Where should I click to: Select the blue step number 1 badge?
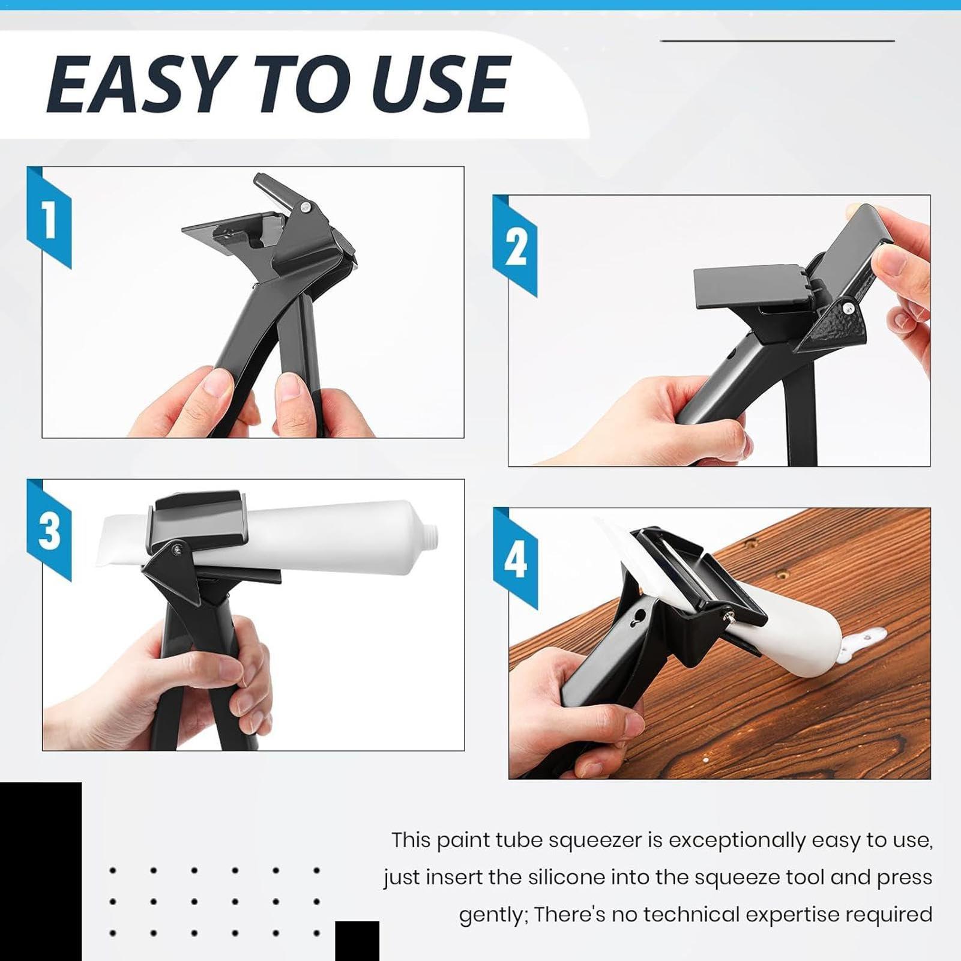(49, 218)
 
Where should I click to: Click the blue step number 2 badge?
(515, 246)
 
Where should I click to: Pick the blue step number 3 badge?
(49, 531)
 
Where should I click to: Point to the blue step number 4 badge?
(515, 559)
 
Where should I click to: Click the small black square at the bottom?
(357, 941)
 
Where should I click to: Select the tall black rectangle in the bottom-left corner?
(40, 870)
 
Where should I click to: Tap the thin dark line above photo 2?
(777, 41)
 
